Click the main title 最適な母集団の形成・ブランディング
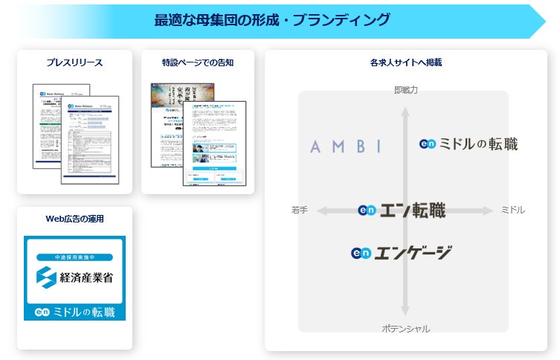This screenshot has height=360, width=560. [x=272, y=20]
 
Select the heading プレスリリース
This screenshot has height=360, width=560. [x=74, y=62]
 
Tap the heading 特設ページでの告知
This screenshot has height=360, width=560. [x=198, y=62]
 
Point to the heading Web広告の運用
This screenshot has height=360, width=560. [x=74, y=219]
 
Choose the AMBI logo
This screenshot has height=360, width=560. [x=346, y=147]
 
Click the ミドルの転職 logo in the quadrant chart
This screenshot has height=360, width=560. [x=469, y=144]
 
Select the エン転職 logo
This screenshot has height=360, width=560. [x=402, y=211]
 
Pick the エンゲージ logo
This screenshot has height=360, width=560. [x=402, y=253]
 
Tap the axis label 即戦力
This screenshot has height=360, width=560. [x=405, y=90]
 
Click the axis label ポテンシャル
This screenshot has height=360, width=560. [x=405, y=329]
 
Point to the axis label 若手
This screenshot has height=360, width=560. [x=300, y=210]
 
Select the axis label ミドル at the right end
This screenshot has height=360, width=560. [x=512, y=210]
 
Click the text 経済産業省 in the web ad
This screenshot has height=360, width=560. [x=91, y=278]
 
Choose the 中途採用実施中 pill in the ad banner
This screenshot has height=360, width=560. [x=74, y=257]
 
